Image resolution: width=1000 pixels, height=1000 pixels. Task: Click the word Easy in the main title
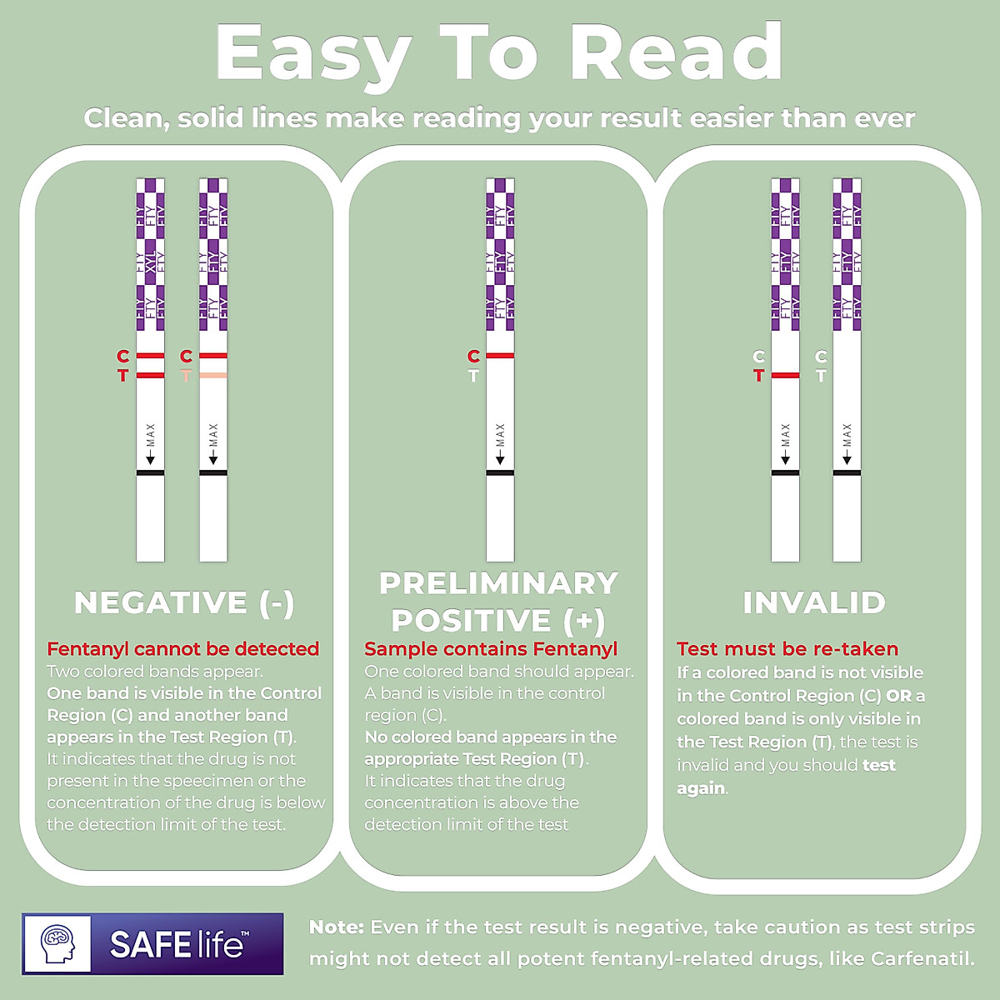pos(312,54)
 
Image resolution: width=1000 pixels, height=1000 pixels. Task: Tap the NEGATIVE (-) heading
pos(184,602)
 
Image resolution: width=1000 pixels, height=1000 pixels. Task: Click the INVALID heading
pos(814,602)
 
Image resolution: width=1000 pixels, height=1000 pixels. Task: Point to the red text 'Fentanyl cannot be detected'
pos(183,649)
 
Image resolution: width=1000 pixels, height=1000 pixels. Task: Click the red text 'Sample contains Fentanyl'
pos(491,649)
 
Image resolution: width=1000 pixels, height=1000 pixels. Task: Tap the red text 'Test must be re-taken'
pos(787,649)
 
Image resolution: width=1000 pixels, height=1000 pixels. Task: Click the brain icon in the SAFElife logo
pos(57,944)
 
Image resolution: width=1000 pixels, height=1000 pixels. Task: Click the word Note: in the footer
pos(336,927)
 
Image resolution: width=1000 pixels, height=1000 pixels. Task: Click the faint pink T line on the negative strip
pos(213,376)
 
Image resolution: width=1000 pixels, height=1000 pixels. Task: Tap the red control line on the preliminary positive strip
pos(500,356)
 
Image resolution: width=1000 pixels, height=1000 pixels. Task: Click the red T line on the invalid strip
pos(785,376)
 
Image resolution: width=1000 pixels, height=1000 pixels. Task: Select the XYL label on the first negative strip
pos(151,263)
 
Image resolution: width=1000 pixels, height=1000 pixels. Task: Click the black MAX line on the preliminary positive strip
pos(500,473)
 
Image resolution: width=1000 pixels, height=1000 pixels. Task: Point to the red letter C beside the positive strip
pos(473,357)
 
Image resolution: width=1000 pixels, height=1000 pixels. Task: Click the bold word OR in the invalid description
pos(898,696)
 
